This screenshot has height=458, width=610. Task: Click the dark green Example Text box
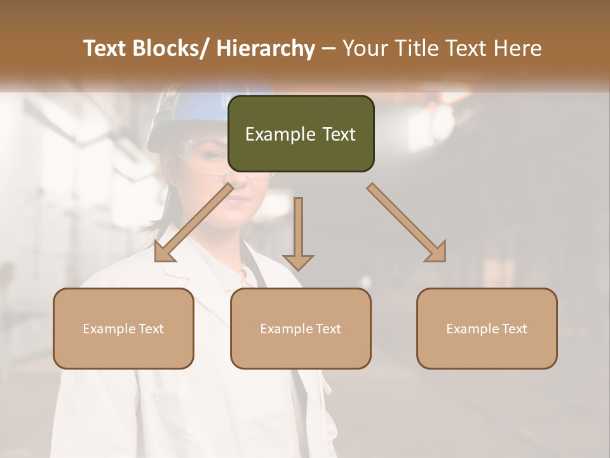click(301, 134)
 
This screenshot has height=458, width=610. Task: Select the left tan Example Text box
click(123, 328)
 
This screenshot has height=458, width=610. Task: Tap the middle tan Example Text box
click(301, 328)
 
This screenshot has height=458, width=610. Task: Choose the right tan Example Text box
click(487, 328)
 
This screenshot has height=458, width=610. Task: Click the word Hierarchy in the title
click(266, 49)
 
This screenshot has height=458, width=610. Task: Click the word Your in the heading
click(365, 49)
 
